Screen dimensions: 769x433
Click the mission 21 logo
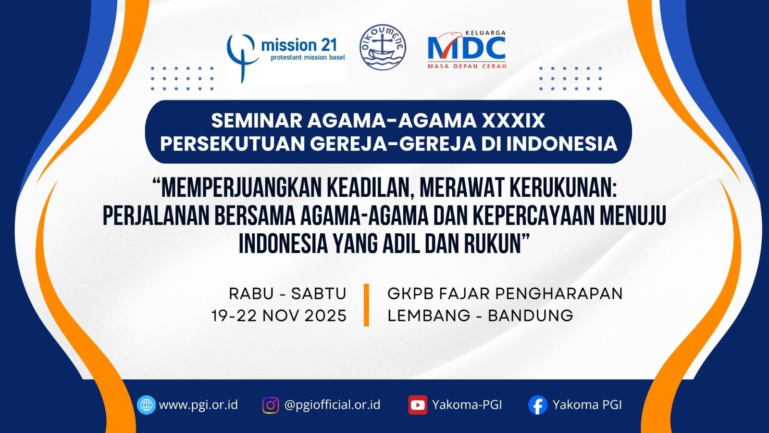tap(285, 58)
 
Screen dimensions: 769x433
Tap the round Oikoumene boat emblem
tap(383, 48)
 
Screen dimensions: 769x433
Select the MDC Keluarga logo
tap(467, 50)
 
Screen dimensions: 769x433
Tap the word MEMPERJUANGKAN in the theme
tap(240, 188)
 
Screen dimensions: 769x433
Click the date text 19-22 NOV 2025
tap(279, 316)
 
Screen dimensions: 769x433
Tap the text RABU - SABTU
tap(288, 294)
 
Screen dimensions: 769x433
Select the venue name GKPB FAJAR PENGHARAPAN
tap(505, 294)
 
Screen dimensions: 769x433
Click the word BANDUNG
tap(531, 316)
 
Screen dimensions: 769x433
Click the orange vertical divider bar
tap(366, 305)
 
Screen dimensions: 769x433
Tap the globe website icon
tap(146, 405)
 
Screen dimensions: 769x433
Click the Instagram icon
tap(271, 405)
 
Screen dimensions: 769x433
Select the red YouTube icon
tap(418, 405)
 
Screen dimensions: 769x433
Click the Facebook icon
tap(538, 405)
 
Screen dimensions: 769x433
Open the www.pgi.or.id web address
tap(198, 405)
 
